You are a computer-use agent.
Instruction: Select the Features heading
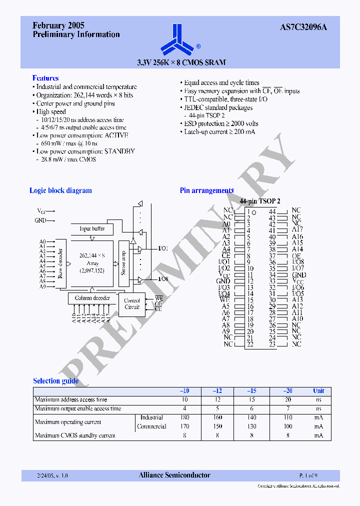45,78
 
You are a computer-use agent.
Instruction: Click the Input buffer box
92,228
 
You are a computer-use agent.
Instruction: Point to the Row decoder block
60,263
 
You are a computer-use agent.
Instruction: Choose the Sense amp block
123,263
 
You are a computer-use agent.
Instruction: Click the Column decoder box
92,298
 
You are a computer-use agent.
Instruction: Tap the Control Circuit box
131,304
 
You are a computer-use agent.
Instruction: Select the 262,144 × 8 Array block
92,263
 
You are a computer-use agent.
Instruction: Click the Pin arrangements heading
206,190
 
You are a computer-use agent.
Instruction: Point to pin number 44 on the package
272,211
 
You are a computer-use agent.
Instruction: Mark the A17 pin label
297,230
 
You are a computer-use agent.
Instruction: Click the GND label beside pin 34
298,275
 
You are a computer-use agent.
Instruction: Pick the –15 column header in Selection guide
251,391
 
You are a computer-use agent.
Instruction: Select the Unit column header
318,391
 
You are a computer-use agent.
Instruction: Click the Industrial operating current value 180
185,417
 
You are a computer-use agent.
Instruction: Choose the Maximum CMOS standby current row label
75,435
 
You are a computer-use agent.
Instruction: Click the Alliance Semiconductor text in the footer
174,475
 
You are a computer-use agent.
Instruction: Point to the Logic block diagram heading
60,190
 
